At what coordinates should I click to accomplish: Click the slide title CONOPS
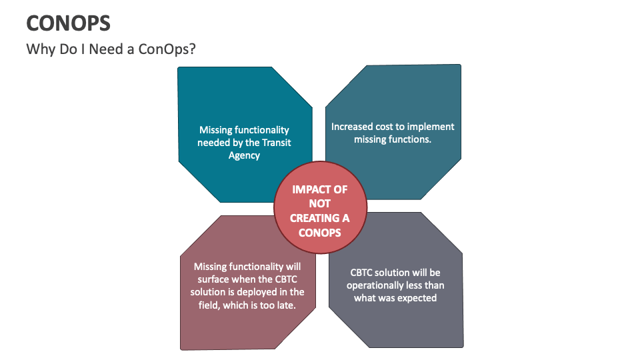(68, 23)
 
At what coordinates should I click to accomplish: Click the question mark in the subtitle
(192, 49)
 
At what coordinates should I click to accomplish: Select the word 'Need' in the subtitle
(106, 49)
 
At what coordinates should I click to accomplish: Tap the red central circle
(321, 207)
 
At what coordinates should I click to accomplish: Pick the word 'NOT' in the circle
(319, 204)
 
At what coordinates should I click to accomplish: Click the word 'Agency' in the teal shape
(244, 155)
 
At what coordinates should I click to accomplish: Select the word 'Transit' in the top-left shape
(276, 143)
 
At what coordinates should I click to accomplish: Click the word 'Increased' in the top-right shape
(352, 127)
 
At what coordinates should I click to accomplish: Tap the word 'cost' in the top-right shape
(385, 127)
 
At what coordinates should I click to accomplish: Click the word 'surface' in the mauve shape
(213, 279)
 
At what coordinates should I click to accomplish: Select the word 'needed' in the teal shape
(213, 143)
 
